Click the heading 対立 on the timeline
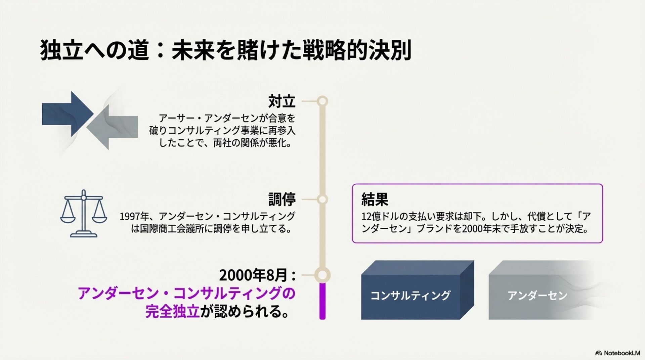click(x=282, y=101)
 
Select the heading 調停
click(x=282, y=199)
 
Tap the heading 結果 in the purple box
click(x=375, y=199)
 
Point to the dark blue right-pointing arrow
click(x=67, y=114)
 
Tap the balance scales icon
click(x=83, y=214)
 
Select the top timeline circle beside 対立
click(x=322, y=101)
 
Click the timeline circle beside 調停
click(x=322, y=199)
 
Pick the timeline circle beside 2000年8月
click(x=322, y=275)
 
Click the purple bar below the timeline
click(x=322, y=301)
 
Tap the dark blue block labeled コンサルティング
click(x=413, y=295)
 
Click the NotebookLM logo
click(x=617, y=353)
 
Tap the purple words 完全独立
click(x=172, y=311)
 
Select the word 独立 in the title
click(x=61, y=50)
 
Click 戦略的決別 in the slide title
click(x=357, y=50)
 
